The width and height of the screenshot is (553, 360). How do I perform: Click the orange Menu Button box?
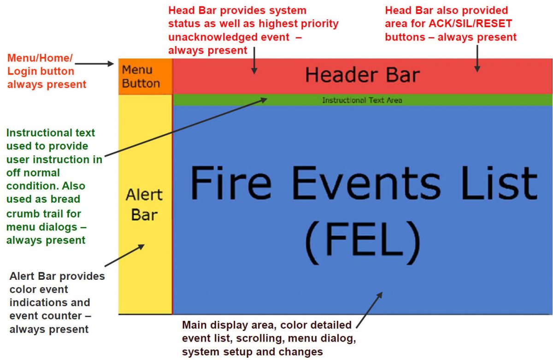[141, 77]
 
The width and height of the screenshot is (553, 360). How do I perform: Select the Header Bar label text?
[362, 75]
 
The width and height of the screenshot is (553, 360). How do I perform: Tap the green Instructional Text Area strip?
[362, 100]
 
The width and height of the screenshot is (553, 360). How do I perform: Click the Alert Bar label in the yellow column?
[144, 204]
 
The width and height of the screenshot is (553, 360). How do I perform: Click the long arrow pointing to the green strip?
[184, 129]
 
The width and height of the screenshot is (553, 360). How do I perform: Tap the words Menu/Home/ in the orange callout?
[40, 59]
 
